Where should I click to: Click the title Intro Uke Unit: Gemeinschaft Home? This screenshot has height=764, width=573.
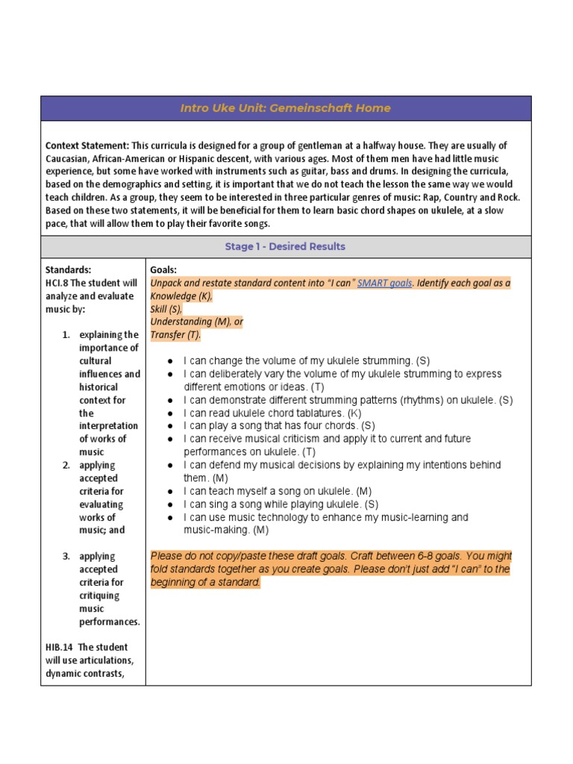point(286,108)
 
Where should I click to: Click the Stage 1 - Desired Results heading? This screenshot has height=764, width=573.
point(286,246)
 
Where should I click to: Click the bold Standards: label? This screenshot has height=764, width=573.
point(68,269)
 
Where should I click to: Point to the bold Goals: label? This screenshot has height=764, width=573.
point(163,269)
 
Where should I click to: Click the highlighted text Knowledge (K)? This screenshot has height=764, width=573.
point(181,295)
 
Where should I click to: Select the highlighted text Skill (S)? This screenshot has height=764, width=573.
point(166,308)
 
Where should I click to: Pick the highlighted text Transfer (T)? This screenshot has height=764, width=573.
point(175,334)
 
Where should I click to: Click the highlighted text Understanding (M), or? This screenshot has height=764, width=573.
point(197,322)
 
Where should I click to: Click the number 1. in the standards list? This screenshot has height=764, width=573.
point(66,335)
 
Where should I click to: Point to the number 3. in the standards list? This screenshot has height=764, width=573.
point(66,556)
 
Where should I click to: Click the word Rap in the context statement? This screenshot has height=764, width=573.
point(441,197)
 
